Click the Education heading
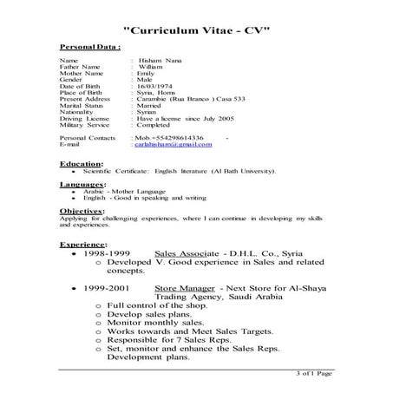tap(81, 163)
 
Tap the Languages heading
tap(83, 185)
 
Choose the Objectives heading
tap(83, 211)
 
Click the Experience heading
tap(84, 245)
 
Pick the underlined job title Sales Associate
tap(185, 255)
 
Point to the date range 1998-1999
tap(110, 255)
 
